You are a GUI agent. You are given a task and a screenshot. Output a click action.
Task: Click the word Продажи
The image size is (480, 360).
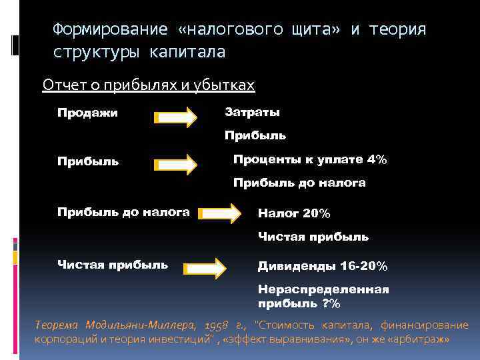coord(87,113)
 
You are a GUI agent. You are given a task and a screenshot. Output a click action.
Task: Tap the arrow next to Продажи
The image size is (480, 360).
coord(176,119)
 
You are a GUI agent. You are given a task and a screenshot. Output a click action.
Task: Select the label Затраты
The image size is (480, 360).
coord(252,112)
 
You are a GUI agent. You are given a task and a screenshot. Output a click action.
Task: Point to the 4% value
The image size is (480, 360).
coord(376,159)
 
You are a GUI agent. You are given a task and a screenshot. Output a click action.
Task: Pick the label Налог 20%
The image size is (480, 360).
coord(294,213)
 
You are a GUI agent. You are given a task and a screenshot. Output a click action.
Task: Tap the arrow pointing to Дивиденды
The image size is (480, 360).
coord(205,267)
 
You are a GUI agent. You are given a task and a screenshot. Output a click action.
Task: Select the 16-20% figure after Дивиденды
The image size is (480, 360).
coord(363,266)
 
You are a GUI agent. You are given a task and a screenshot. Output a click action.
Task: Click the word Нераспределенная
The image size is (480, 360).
coord(323,290)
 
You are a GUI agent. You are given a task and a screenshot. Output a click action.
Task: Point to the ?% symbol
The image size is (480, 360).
coord(331,304)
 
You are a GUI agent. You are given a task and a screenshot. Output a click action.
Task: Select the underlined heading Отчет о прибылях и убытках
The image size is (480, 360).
coord(149,85)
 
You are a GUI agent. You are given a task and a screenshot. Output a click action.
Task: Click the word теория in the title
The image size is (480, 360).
coord(397,29)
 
